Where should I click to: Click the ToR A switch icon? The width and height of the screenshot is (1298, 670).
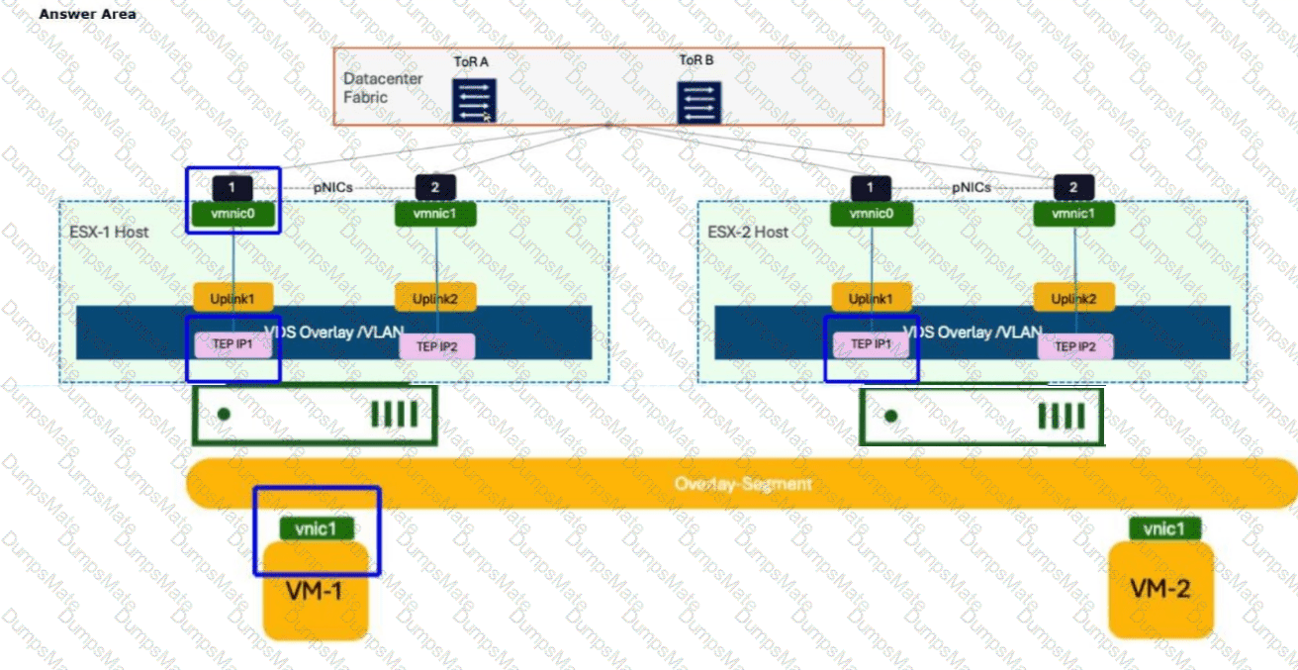[474, 101]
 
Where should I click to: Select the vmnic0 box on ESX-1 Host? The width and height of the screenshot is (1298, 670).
[232, 213]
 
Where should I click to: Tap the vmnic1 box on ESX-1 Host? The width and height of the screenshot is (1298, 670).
[435, 214]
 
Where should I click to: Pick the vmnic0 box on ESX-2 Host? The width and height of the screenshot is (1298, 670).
[872, 213]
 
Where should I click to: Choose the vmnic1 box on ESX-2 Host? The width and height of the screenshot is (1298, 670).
[1073, 214]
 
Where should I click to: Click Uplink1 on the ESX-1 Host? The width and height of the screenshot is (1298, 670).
[232, 298]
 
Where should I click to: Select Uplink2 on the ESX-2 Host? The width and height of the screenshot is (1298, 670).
[1074, 298]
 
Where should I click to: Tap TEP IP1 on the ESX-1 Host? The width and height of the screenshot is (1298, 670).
[232, 344]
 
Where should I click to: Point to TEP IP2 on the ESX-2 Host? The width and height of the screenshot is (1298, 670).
[1074, 346]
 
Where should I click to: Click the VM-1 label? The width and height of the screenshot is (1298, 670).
[315, 592]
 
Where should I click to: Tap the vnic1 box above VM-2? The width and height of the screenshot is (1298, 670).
[1163, 529]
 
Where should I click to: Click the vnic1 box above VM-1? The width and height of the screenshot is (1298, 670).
[317, 529]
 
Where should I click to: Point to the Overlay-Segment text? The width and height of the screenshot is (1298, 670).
[743, 484]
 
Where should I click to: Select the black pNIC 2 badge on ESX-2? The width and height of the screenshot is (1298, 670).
[1073, 187]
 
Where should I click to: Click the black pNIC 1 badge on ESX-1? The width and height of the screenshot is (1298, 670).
[232, 186]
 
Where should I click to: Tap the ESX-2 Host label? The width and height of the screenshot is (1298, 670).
[748, 232]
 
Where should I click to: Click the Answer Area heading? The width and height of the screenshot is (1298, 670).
[88, 14]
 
